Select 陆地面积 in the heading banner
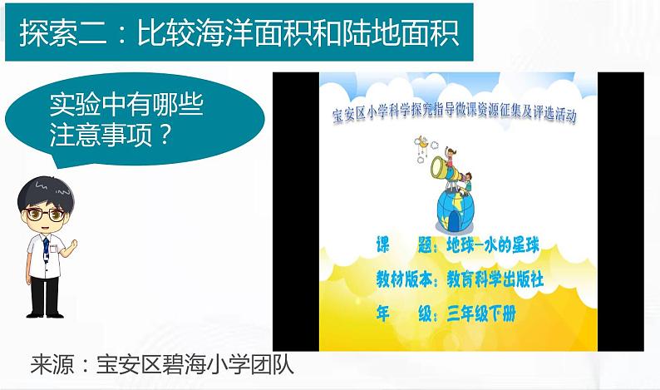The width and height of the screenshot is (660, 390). [408, 35]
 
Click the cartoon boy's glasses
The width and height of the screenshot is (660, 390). [46, 214]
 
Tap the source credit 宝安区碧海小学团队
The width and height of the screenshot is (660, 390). [195, 366]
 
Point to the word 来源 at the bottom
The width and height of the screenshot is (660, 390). [51, 366]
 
